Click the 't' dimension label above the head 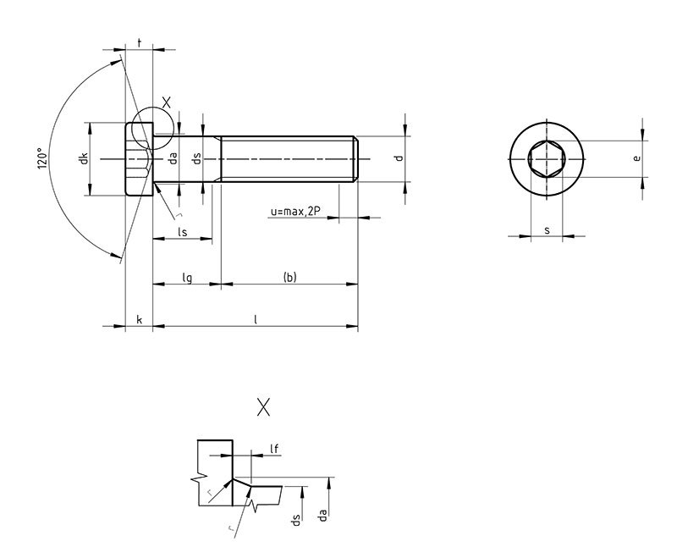point(139,41)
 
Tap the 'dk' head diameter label point(85,158)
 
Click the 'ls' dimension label point(181,231)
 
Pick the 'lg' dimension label point(187,277)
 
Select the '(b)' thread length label point(289,277)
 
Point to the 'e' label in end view point(637,158)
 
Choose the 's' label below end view point(547,229)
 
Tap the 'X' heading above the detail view point(263,408)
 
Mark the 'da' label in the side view point(173,158)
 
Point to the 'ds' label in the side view point(196,158)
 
